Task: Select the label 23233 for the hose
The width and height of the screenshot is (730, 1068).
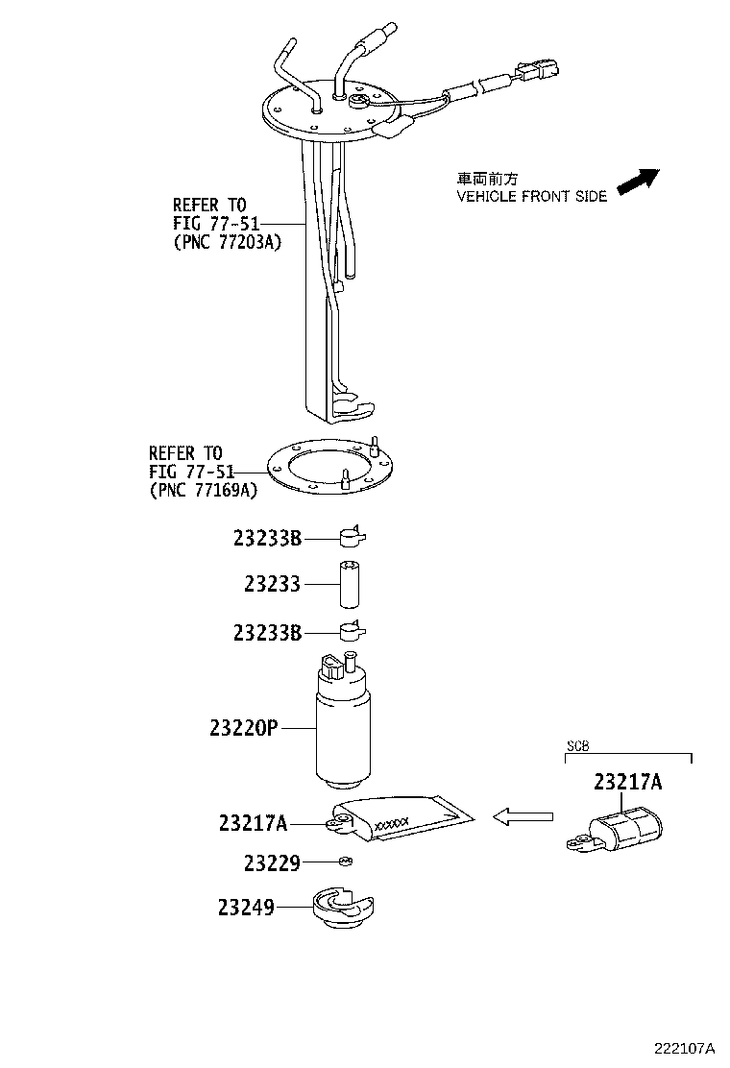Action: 272,584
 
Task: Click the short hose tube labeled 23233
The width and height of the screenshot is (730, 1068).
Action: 348,583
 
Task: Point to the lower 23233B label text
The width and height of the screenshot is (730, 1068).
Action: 267,633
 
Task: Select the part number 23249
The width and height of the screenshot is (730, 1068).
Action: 246,906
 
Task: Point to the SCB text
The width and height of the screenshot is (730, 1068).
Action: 578,745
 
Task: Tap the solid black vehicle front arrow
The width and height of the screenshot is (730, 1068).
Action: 637,180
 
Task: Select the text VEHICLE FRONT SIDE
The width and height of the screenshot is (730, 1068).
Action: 531,196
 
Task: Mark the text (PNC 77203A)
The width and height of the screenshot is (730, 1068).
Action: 228,243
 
